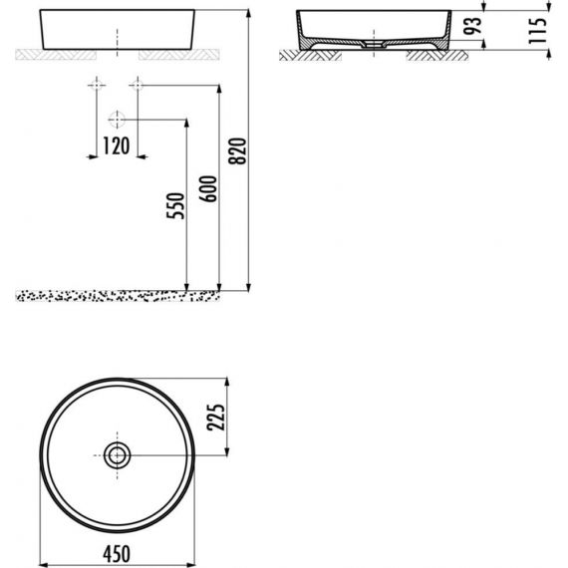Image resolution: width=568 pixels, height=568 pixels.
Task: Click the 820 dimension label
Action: tap(237, 151)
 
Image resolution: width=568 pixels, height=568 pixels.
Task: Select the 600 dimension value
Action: tap(208, 188)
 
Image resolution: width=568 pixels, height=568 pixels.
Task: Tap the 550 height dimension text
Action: tap(175, 205)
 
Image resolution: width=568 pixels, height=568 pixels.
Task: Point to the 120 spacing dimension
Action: tap(117, 145)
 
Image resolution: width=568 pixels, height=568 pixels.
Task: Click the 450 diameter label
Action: tap(117, 554)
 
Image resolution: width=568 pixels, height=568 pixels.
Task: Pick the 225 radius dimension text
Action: tap(216, 417)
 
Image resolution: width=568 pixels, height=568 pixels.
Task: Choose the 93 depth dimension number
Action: tap(473, 25)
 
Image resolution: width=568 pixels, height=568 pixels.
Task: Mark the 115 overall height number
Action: tap(537, 31)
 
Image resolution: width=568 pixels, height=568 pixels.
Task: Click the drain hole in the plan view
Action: tap(117, 455)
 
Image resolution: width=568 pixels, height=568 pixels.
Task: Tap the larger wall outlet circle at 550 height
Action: tap(117, 120)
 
